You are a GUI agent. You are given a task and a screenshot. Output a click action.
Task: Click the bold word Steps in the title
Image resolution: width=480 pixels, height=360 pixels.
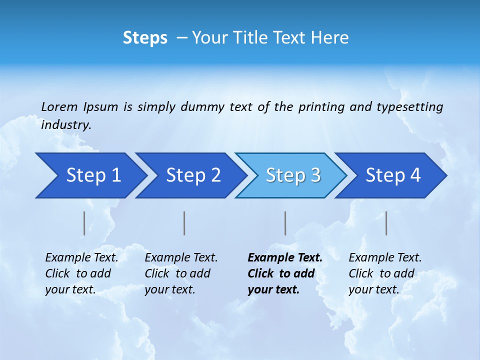pos(145,38)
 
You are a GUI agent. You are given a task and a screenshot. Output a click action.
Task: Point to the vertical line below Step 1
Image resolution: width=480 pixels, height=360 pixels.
pos(84,223)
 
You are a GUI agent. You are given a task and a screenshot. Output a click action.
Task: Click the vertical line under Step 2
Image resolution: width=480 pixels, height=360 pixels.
pos(184,223)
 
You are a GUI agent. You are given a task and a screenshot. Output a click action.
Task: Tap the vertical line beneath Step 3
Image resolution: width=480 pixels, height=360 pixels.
pos(285,223)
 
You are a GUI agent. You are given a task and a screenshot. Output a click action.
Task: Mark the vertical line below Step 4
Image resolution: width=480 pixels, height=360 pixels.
pos(386,223)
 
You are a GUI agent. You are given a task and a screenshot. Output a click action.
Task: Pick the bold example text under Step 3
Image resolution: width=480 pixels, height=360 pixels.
pos(284,273)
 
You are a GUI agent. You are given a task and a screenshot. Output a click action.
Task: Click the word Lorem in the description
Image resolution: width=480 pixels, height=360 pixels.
pos(59,107)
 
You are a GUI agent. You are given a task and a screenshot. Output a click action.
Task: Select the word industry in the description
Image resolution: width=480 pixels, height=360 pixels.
pos(65,125)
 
